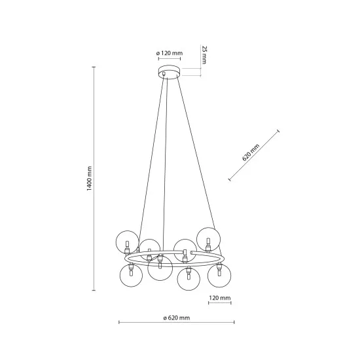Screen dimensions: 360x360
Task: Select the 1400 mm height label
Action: click(90, 179)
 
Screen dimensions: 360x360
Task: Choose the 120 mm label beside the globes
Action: click(220, 298)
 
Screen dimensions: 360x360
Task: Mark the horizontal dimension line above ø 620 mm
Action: click(176, 323)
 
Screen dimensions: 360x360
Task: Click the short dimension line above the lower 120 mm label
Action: click(220, 304)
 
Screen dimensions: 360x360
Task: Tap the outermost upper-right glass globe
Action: click(210, 238)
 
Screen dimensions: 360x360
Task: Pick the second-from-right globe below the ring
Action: click(188, 279)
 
